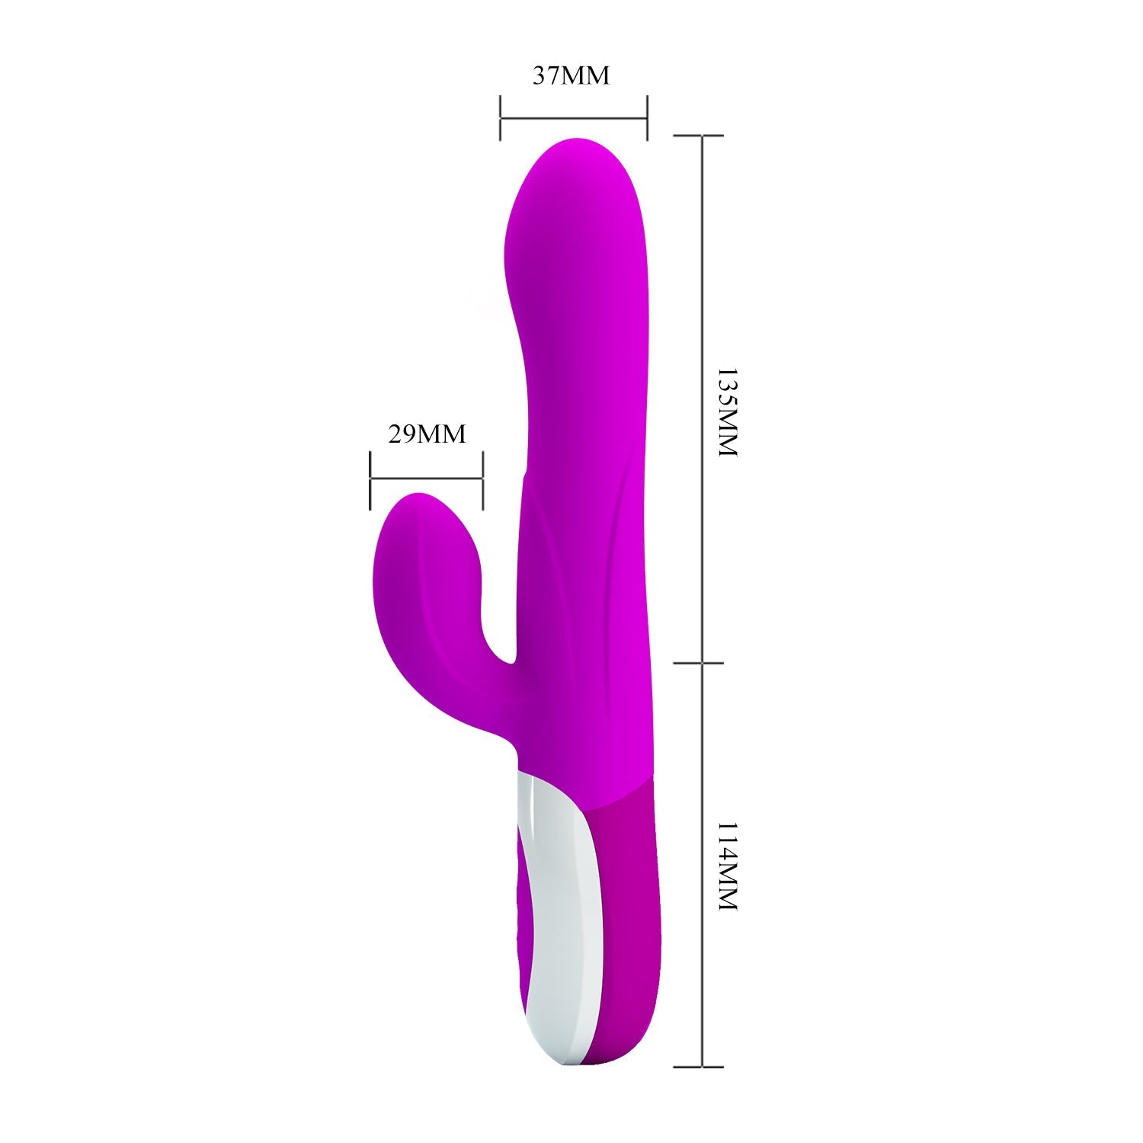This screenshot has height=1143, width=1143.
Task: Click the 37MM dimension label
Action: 571,76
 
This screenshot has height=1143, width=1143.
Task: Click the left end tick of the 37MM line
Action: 500,118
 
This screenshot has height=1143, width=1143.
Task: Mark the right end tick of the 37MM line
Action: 647,118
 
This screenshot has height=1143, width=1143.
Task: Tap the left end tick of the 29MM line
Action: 370,479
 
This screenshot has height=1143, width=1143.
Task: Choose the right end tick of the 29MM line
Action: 482,479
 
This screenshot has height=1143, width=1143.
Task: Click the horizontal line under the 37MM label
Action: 573,118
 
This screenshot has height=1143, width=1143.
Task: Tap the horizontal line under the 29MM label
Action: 426,479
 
